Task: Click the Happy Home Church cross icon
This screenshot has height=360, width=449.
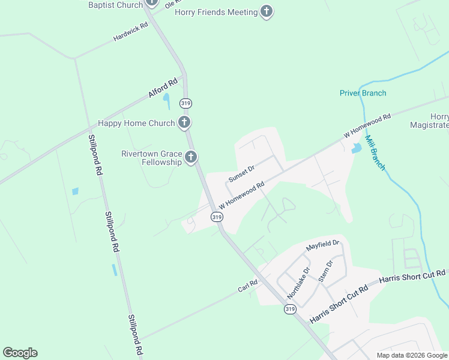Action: point(184,123)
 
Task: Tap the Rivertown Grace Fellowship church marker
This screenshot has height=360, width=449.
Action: point(191,157)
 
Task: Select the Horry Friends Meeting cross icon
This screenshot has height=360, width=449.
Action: point(267,11)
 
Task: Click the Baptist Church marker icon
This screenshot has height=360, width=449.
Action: point(151,3)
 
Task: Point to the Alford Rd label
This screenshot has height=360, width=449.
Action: point(163,88)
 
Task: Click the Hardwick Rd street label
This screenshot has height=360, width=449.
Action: point(130,33)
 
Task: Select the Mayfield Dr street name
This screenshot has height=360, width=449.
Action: point(322,245)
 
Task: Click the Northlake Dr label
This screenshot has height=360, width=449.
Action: point(298,282)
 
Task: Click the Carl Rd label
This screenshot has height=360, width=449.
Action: point(247,286)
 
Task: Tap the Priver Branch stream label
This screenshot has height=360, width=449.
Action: point(363,93)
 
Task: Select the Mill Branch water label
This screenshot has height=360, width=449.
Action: point(375,152)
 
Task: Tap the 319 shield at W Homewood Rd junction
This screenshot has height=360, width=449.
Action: point(217,217)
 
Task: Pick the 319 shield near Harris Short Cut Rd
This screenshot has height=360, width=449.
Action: point(290,309)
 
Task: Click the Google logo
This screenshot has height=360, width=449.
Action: point(20,353)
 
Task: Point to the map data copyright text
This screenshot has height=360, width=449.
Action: point(412,355)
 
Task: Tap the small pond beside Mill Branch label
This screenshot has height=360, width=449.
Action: point(357,147)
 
